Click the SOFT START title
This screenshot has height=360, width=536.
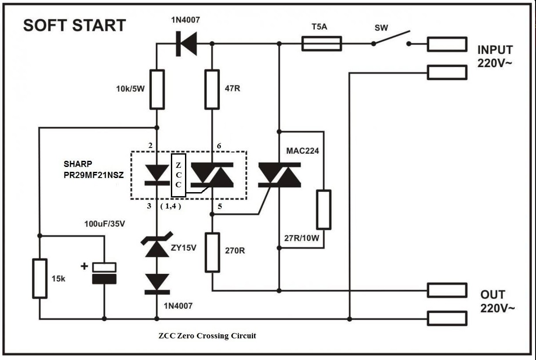pyautogui.click(x=75, y=25)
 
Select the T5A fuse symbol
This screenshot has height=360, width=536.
pyautogui.click(x=321, y=44)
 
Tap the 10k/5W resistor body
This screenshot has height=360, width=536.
pyautogui.click(x=157, y=90)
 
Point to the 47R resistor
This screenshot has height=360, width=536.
pyautogui.click(x=212, y=90)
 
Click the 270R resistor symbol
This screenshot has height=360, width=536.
pyautogui.click(x=212, y=253)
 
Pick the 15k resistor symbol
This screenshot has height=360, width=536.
pyautogui.click(x=40, y=279)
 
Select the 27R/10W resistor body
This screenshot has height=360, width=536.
pyautogui.click(x=324, y=210)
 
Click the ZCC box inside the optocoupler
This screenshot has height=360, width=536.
pyautogui.click(x=178, y=175)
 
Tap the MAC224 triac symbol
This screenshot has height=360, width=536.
pyautogui.click(x=279, y=175)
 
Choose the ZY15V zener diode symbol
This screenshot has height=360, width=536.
pyautogui.click(x=157, y=245)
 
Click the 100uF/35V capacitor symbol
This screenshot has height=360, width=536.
pyautogui.click(x=104, y=273)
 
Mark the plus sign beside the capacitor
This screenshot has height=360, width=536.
pyautogui.click(x=84, y=266)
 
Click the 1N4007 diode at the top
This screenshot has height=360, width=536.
pyautogui.click(x=186, y=44)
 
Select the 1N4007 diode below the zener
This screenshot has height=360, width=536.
pyautogui.click(x=157, y=284)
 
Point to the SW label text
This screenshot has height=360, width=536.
pyautogui.click(x=381, y=28)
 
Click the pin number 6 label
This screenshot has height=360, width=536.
pyautogui.click(x=219, y=146)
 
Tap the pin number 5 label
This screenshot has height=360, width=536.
pyautogui.click(x=220, y=206)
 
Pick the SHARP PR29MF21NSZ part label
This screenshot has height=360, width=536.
pyautogui.click(x=94, y=170)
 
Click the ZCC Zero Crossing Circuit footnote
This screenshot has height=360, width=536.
pyautogui.click(x=207, y=336)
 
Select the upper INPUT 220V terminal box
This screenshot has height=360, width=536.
pyautogui.click(x=447, y=44)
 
